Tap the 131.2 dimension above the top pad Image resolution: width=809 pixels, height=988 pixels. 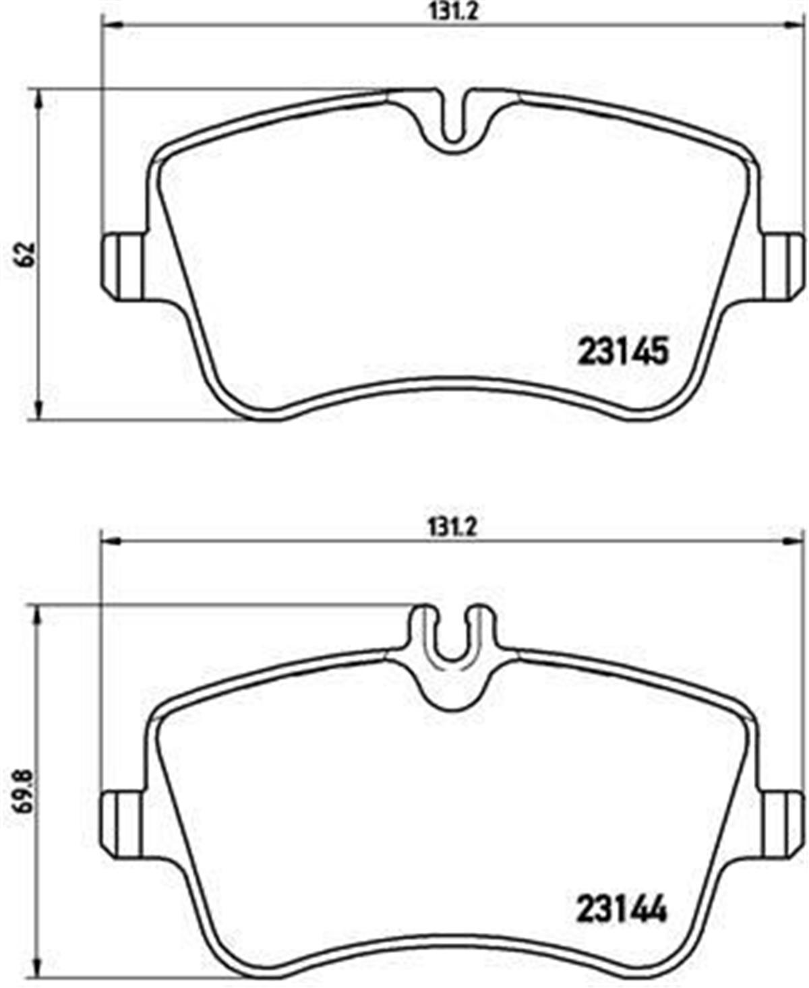click(x=453, y=11)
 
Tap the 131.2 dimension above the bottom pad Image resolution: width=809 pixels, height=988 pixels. click(x=452, y=528)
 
